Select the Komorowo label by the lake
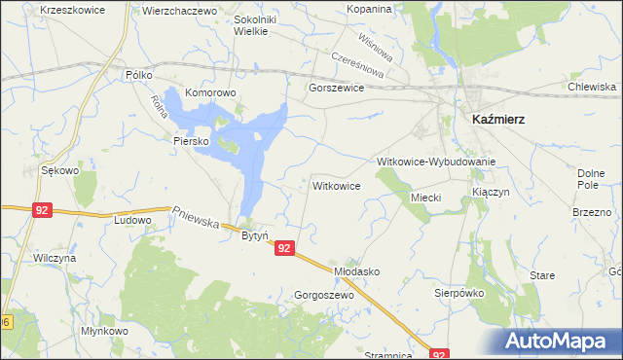pyautogui.click(x=211, y=93)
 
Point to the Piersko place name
pyautogui.click(x=192, y=141)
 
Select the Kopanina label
pyautogui.click(x=369, y=9)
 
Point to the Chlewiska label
pyautogui.click(x=592, y=87)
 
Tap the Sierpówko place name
pyautogui.click(x=458, y=291)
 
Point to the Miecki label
pyautogui.click(x=426, y=198)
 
